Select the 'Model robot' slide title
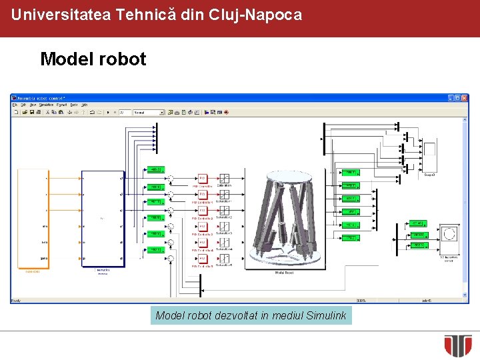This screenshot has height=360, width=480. tap(93, 59)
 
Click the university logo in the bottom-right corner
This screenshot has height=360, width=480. tap(458, 345)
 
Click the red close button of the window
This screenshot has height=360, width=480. tap(464, 98)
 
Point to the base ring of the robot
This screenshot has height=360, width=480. tap(285, 260)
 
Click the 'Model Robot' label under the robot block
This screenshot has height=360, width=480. tap(285, 273)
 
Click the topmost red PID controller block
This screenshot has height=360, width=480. tap(203, 178)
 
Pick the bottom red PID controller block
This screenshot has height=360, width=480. tap(203, 258)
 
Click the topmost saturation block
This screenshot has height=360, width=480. tap(224, 178)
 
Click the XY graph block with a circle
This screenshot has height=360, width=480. tap(449, 237)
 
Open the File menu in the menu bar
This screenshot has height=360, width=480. tap(15, 105)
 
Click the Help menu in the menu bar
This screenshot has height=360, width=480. tap(84, 105)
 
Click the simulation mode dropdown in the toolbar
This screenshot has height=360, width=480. tap(147, 113)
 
